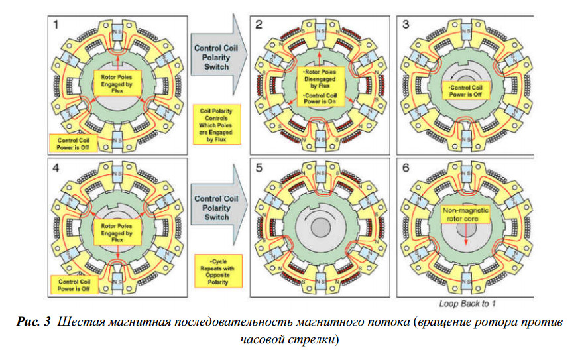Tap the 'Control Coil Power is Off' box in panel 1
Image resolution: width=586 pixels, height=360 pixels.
pos(73,143)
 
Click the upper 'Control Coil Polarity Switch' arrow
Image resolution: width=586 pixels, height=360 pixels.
pos(212,57)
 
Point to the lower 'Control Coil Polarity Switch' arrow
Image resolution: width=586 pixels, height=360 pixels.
pos(212,202)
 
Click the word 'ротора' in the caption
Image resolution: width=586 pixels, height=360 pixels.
pos(496,324)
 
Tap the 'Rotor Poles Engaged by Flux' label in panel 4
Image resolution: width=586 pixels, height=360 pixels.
pos(117,229)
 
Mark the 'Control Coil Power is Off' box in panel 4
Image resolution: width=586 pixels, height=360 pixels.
pos(73,286)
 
